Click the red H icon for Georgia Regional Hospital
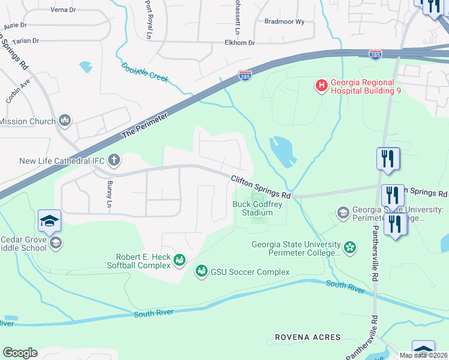(322, 86)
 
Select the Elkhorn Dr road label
(240, 43)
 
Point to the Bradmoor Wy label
(285, 21)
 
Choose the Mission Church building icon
(65, 121)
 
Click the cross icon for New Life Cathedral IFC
(114, 160)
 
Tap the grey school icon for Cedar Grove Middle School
(55, 242)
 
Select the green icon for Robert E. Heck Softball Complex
(178, 260)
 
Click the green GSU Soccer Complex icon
(201, 272)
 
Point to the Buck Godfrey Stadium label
(257, 208)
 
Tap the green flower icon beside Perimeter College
(349, 247)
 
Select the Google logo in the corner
(20, 352)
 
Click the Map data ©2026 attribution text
(423, 355)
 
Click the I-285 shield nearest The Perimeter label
(244, 76)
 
